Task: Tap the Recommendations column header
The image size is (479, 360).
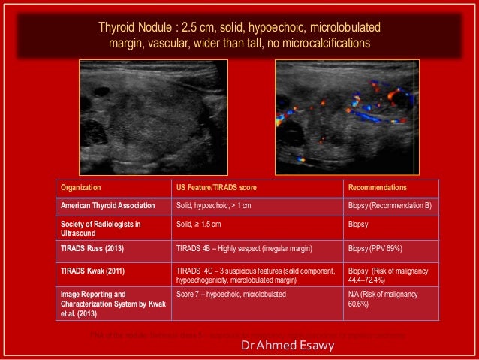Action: pos(377,187)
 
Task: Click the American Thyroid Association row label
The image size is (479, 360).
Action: pos(108,205)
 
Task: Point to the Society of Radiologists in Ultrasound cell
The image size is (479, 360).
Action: pos(101,228)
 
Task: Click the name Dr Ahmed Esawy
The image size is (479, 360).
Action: pos(282,346)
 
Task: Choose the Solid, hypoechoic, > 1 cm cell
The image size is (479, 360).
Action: pos(215,205)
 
